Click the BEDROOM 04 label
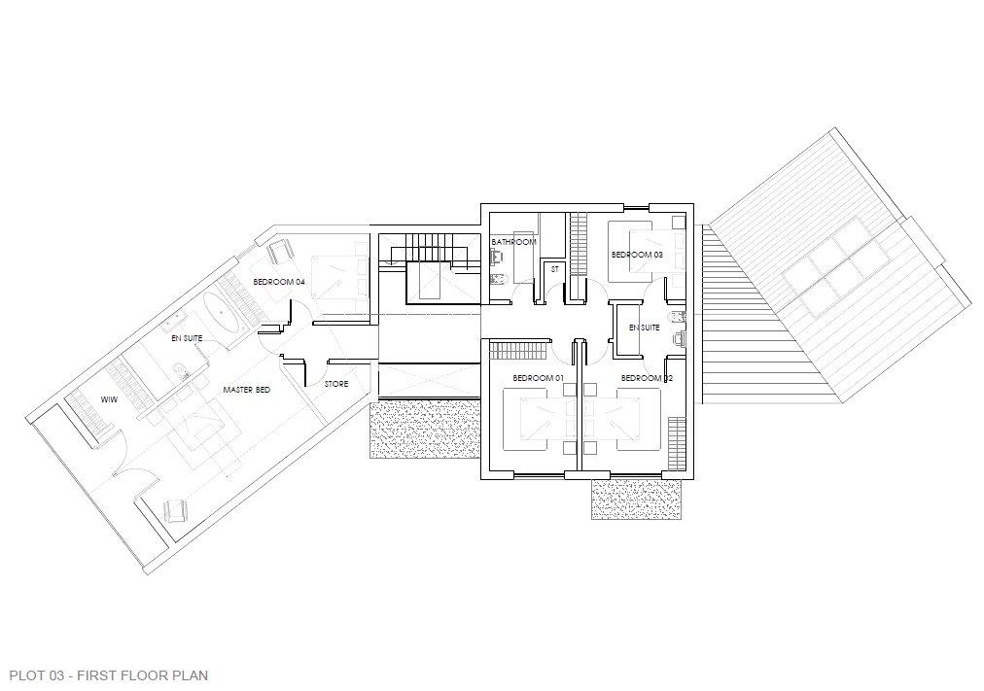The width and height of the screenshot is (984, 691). (279, 282)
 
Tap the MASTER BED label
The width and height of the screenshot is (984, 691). (247, 390)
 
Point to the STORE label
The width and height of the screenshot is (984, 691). (336, 384)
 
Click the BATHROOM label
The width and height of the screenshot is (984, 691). (513, 242)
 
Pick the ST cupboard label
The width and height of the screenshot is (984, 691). (554, 269)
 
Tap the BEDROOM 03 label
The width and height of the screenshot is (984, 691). (637, 256)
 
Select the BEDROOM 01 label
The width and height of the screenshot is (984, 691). (539, 378)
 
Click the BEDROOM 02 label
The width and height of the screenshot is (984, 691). (647, 378)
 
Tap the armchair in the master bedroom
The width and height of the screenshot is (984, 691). (175, 510)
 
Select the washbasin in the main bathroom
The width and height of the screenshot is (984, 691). (497, 256)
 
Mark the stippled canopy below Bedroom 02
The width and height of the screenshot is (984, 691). (636, 500)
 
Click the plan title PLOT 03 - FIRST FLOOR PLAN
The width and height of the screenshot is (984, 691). (109, 675)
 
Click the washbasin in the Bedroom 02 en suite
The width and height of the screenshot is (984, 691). (679, 338)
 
